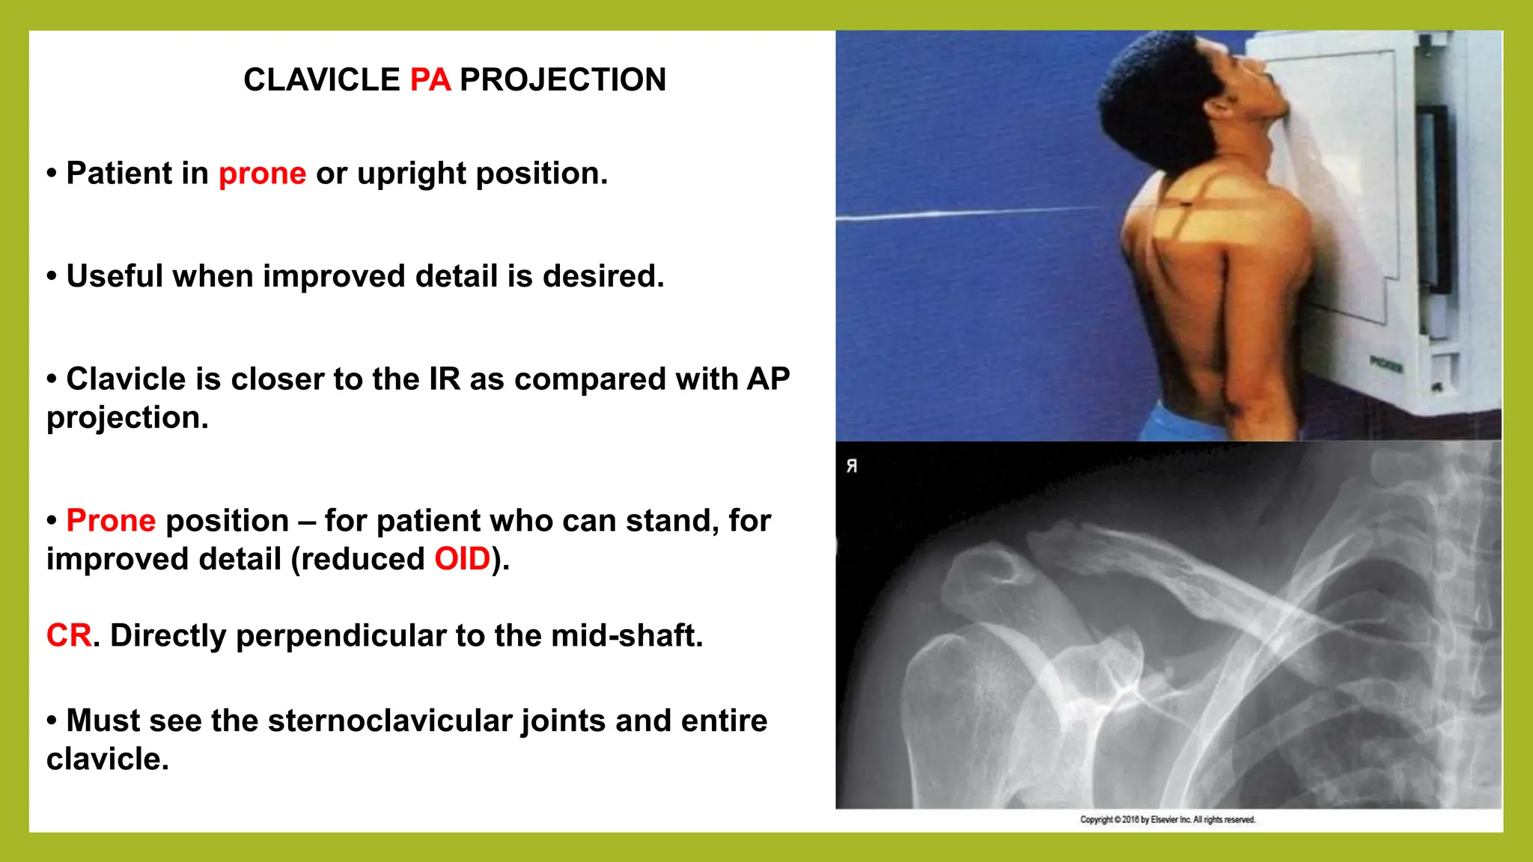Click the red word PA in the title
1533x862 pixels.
[430, 80]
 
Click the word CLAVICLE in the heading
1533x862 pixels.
[322, 80]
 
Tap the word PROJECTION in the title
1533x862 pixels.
[562, 80]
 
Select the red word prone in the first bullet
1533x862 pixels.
[262, 174]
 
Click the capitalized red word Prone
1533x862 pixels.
[111, 521]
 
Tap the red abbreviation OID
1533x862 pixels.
[462, 559]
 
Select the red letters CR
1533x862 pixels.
[69, 636]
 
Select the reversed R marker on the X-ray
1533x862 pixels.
[852, 466]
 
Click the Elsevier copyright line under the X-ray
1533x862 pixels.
[1167, 820]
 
